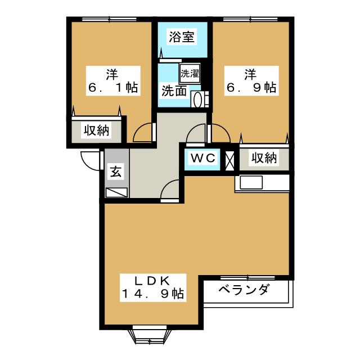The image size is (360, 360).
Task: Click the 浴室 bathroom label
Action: pyautogui.click(x=182, y=37)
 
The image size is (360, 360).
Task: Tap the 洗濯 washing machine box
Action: pyautogui.click(x=190, y=74)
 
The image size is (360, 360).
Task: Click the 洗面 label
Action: pyautogui.click(x=174, y=91)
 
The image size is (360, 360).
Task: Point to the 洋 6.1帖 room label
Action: pyautogui.click(x=113, y=80)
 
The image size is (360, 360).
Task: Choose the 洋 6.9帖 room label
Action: pyautogui.click(x=251, y=80)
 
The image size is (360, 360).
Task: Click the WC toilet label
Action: pyautogui.click(x=203, y=158)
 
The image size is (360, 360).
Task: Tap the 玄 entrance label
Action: pyautogui.click(x=116, y=171)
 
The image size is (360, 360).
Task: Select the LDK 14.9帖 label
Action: pyautogui.click(x=153, y=287)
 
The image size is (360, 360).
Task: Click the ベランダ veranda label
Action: pyautogui.click(x=244, y=289)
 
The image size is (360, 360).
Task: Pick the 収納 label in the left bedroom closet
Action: pyautogui.click(x=96, y=130)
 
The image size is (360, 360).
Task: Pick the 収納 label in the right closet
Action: pyautogui.click(x=264, y=158)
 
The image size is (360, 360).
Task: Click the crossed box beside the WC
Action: pyautogui.click(x=229, y=160)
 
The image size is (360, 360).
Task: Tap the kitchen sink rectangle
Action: pyautogui.click(x=251, y=182)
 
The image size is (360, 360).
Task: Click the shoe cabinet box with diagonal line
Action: pyautogui.click(x=116, y=192)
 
